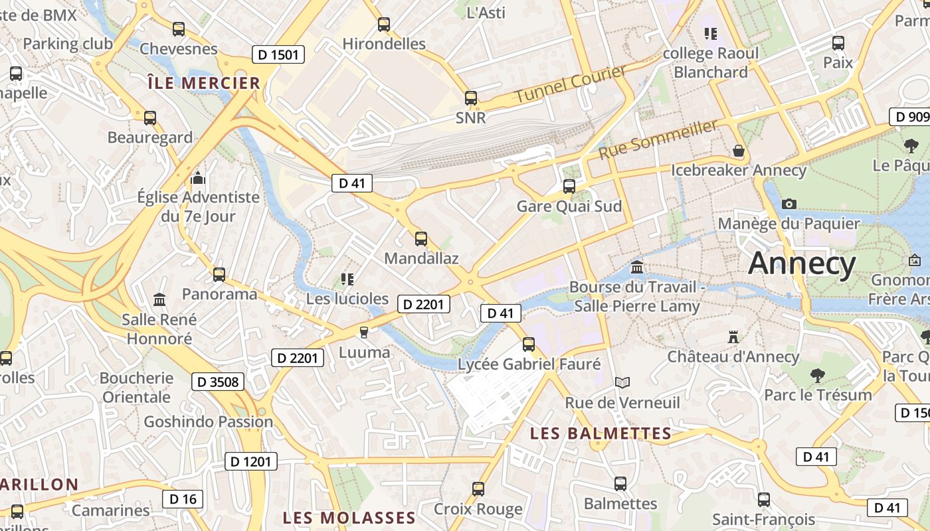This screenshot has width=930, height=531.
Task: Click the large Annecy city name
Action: [x=802, y=264]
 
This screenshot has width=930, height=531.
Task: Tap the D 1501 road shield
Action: [x=278, y=54]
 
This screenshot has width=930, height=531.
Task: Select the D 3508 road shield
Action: [x=218, y=382]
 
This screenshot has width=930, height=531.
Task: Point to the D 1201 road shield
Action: [x=251, y=461]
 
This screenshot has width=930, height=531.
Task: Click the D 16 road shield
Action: [x=183, y=499]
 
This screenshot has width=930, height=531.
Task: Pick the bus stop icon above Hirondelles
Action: [x=384, y=25]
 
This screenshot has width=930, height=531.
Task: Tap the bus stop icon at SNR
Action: [x=471, y=98]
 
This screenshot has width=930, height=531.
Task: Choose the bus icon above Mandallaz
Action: [x=421, y=239]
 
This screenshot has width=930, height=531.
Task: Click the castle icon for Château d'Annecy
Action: [x=733, y=337]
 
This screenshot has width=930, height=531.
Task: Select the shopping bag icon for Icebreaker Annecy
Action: [x=738, y=151]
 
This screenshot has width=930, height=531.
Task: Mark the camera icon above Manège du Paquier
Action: [x=789, y=204]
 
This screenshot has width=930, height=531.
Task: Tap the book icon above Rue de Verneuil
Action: [x=622, y=382]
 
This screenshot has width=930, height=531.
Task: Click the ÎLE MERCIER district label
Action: [x=204, y=83]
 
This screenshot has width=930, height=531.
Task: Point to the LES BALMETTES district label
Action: [x=601, y=433]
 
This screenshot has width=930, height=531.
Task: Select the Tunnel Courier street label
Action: [x=571, y=84]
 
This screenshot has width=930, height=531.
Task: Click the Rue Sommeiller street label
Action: [x=658, y=139]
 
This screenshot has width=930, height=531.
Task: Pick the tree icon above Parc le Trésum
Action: [x=818, y=376]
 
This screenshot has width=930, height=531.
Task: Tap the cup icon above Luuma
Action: [x=363, y=332]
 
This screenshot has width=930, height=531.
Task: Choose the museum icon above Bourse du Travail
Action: [x=637, y=267]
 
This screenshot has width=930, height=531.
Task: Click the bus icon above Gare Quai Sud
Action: [x=569, y=187]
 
